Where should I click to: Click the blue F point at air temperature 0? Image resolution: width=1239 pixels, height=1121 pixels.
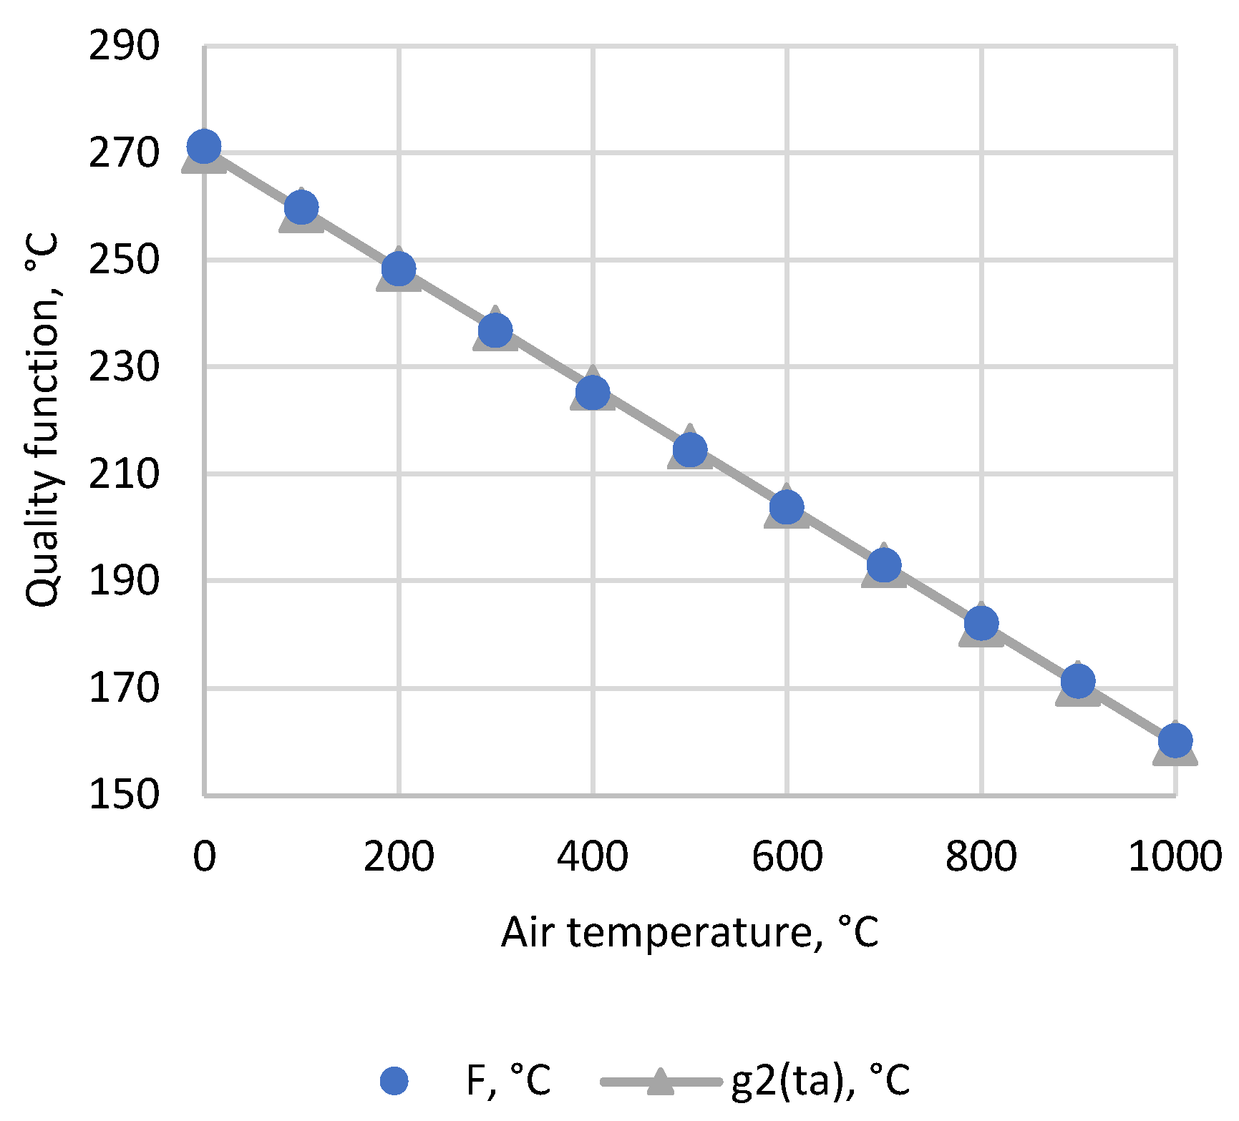click(204, 147)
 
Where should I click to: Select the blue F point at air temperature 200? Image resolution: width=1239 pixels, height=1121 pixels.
click(399, 269)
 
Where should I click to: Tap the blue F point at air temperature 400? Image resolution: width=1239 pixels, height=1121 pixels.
click(593, 392)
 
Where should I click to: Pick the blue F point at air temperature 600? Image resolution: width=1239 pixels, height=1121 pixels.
click(787, 507)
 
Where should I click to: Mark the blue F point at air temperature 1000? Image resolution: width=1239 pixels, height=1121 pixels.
click(1175, 740)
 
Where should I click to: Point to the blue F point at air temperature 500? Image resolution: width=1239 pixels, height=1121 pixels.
click(690, 449)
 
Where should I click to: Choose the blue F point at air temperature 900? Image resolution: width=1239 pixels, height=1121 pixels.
click(1078, 680)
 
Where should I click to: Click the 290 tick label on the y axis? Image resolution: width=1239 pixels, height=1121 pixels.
click(124, 46)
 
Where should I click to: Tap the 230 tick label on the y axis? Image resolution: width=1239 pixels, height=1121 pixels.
click(124, 367)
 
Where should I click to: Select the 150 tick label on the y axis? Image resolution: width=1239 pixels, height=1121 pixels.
click(124, 795)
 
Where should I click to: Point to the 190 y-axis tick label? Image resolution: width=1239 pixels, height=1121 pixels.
click(124, 581)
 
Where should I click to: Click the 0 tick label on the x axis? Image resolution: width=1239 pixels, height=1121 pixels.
click(204, 856)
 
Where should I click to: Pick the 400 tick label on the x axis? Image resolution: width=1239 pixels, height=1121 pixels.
click(593, 856)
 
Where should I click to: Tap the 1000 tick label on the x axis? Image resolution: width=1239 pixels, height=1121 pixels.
click(1175, 856)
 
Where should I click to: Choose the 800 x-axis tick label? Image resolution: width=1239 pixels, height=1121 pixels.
click(981, 856)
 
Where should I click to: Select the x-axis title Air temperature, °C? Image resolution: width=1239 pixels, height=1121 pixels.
click(690, 932)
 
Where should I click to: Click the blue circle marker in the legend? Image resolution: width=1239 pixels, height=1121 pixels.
click(394, 1080)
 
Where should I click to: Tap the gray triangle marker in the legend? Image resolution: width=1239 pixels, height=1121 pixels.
click(660, 1080)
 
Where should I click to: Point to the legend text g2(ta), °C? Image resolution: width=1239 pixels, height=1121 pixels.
click(821, 1080)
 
